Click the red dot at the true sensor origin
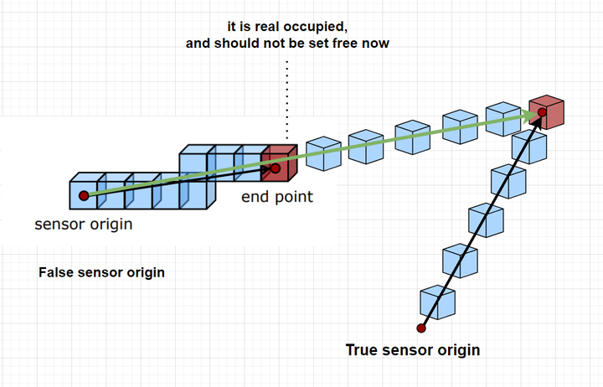[421, 328]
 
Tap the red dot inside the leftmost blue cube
[84, 196]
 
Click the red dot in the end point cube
[275, 168]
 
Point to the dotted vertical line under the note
[287, 99]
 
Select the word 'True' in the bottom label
[361, 350]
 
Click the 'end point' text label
[277, 197]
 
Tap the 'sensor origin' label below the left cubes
[84, 224]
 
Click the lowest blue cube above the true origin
[438, 302]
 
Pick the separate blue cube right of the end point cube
[323, 153]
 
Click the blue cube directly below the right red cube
[529, 147]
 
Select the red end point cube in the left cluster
[279, 163]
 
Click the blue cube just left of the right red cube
[503, 119]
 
